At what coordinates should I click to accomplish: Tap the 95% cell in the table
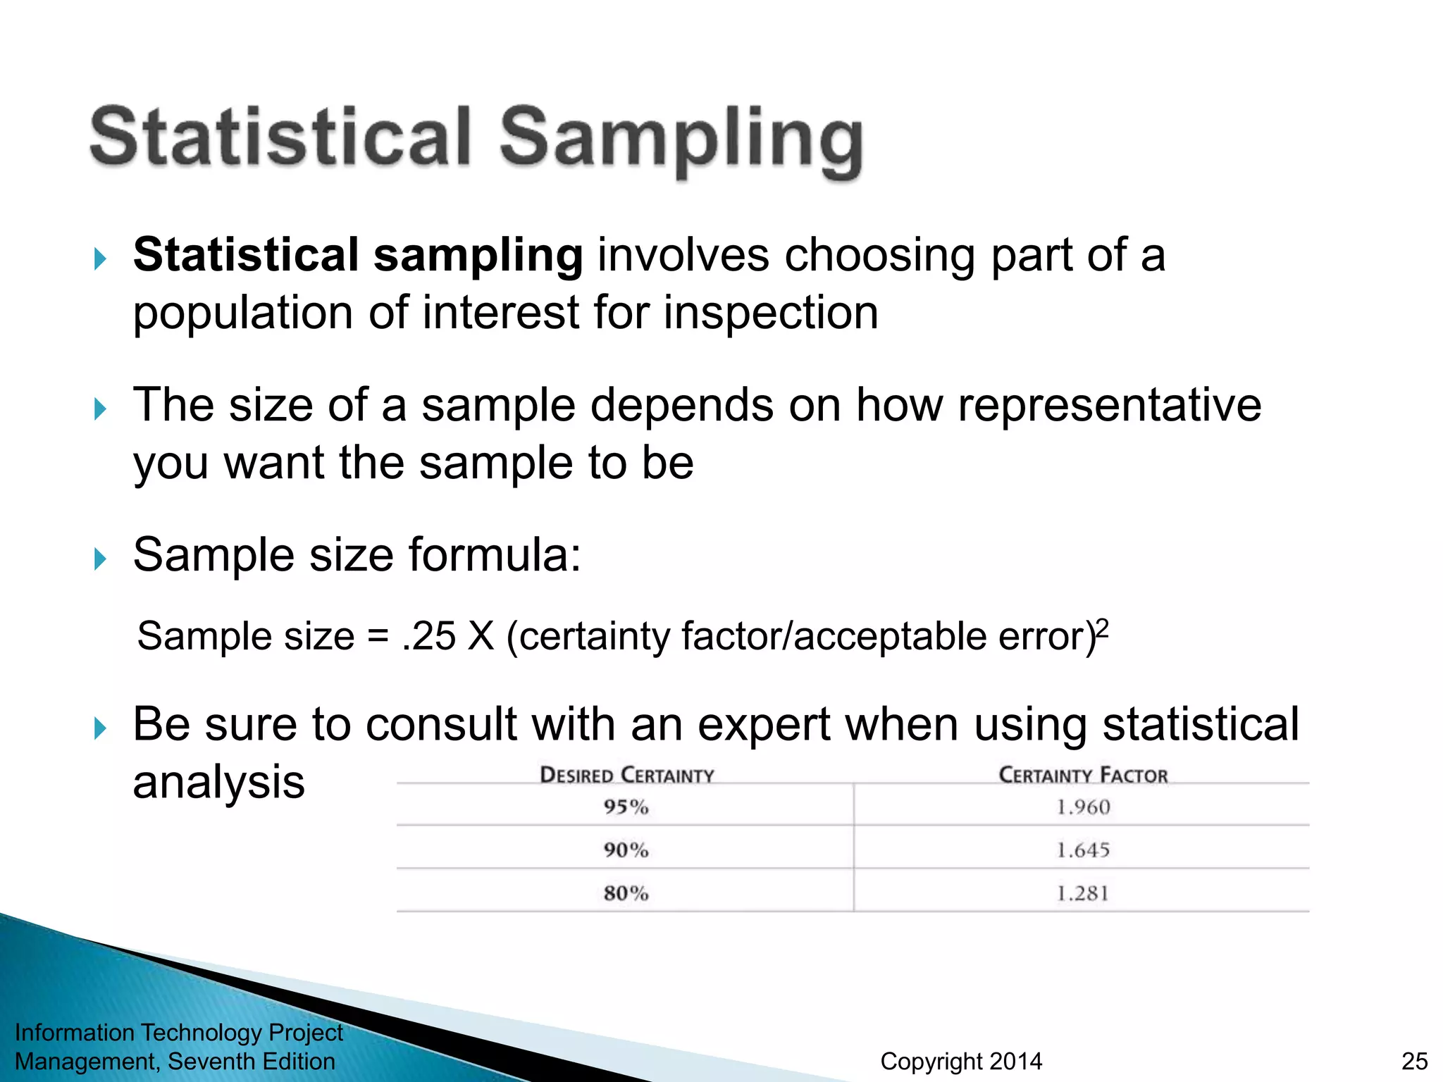pyautogui.click(x=626, y=807)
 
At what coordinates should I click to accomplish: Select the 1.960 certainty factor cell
pyautogui.click(x=1083, y=807)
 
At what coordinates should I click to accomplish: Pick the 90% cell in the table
pyautogui.click(x=626, y=850)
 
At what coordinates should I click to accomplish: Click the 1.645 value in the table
pyautogui.click(x=1083, y=850)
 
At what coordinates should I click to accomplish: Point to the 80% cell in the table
pyautogui.click(x=626, y=893)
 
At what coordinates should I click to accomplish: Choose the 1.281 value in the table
pyautogui.click(x=1083, y=893)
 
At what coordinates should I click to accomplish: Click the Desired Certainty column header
pyautogui.click(x=626, y=775)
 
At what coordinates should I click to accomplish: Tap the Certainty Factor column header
pyautogui.click(x=1083, y=775)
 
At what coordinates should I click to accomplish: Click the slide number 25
pyautogui.click(x=1414, y=1061)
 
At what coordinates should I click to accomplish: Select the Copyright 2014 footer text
pyautogui.click(x=961, y=1061)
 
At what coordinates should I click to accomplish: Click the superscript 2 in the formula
pyautogui.click(x=1103, y=627)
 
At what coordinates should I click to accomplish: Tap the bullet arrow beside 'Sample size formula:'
pyautogui.click(x=100, y=559)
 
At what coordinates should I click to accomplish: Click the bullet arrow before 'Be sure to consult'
pyautogui.click(x=100, y=728)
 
